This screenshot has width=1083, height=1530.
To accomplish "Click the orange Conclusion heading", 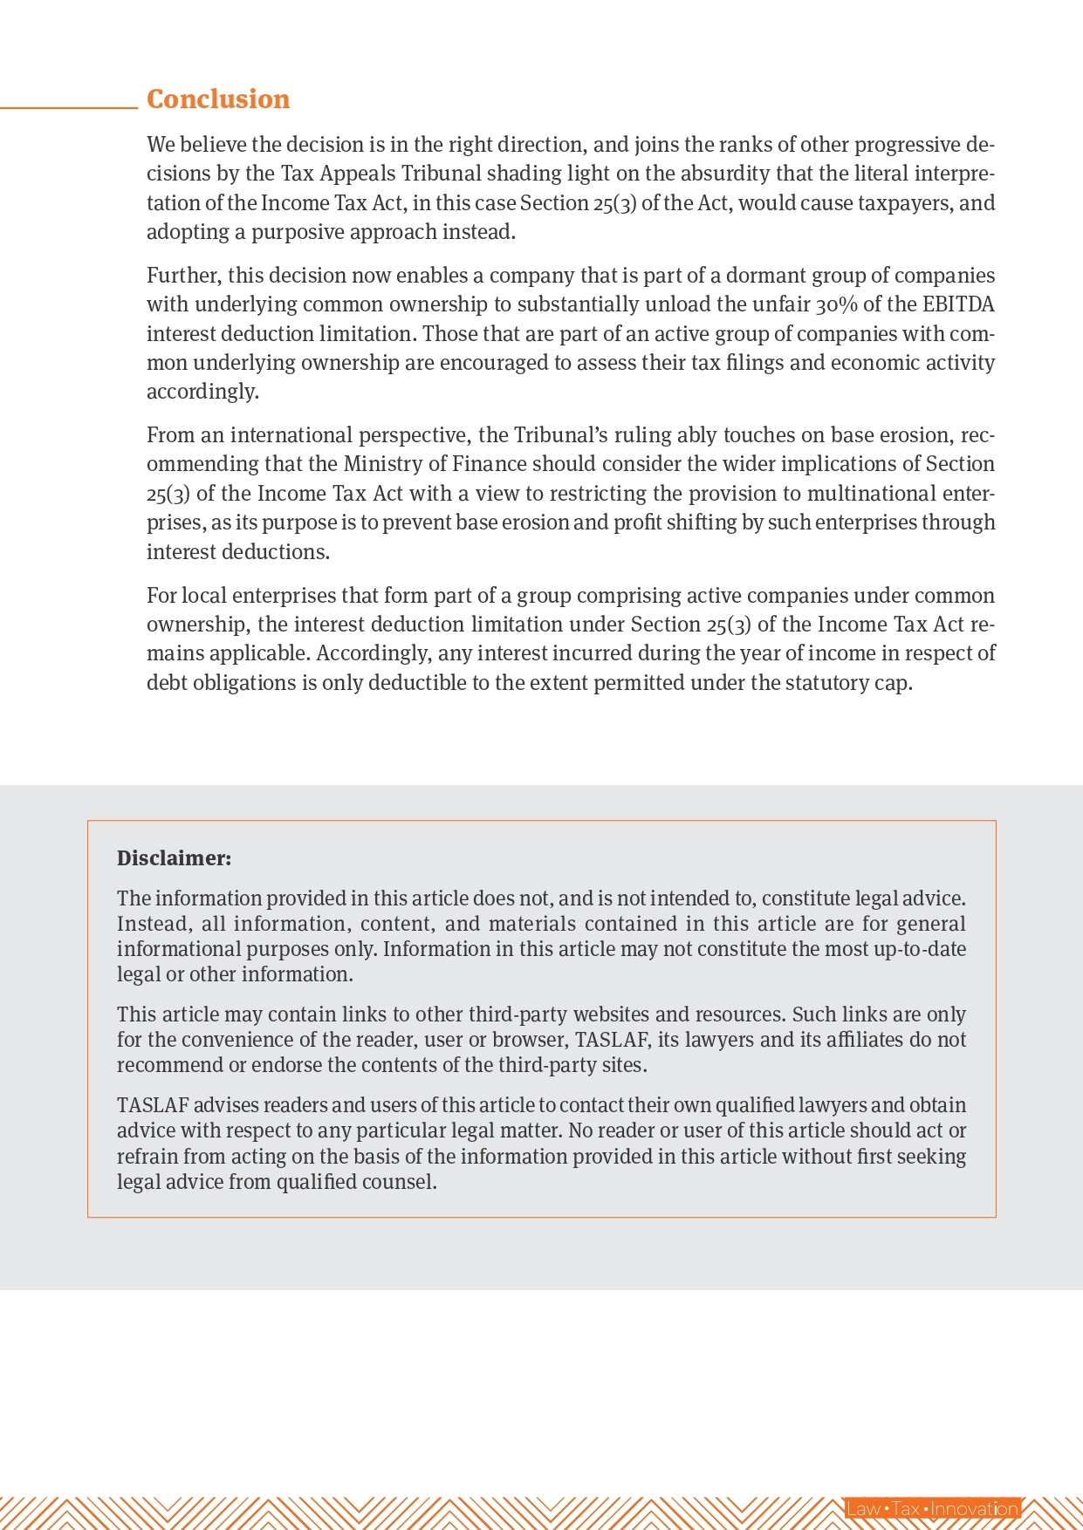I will pyautogui.click(x=218, y=99).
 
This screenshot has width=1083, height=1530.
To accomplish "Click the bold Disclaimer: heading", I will pyautogui.click(x=174, y=858).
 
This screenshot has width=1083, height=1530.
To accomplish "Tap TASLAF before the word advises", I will pyautogui.click(x=153, y=1105).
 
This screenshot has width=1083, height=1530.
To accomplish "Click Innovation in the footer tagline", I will pyautogui.click(x=975, y=1508).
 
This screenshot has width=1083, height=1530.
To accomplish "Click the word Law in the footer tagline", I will pyautogui.click(x=864, y=1508).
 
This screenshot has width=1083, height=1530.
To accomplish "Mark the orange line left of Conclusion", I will pyautogui.click(x=69, y=107).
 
